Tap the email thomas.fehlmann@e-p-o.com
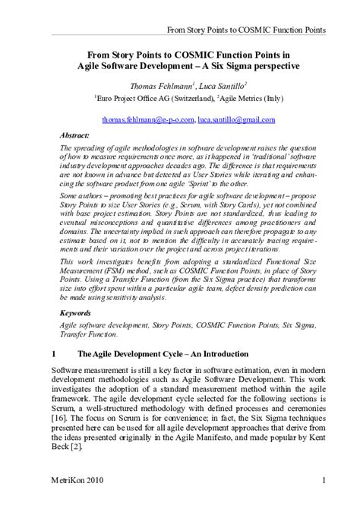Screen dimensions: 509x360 coord(147,120)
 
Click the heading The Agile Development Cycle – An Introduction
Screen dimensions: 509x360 coord(163,354)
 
